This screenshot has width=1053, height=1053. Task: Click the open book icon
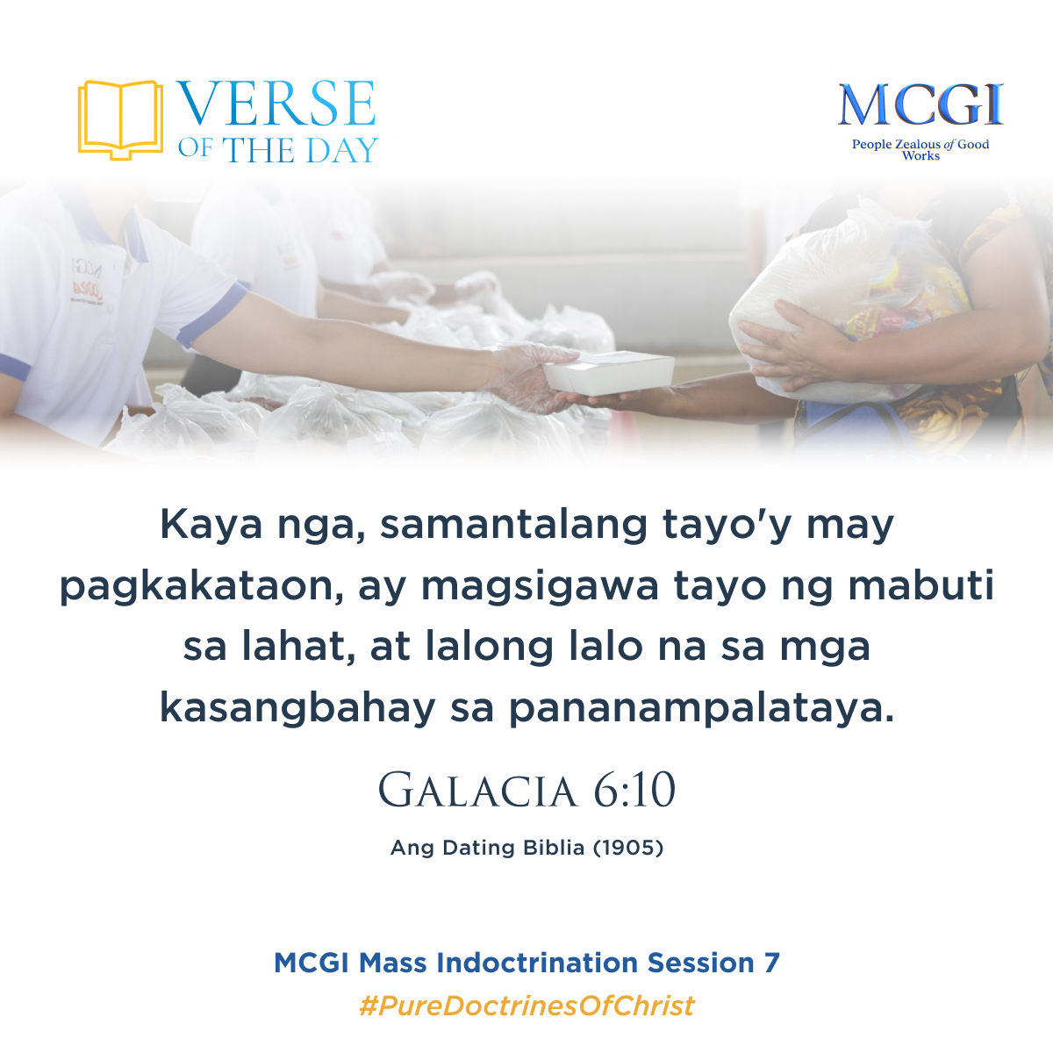(120, 119)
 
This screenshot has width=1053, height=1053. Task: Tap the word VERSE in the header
(276, 104)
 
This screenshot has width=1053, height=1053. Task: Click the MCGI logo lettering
(920, 106)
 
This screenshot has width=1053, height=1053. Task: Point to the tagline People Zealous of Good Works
(920, 150)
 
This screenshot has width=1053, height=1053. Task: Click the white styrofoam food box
(608, 372)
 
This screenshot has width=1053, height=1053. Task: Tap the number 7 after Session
(771, 963)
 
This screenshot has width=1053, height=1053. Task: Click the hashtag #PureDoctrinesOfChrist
(526, 1006)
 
